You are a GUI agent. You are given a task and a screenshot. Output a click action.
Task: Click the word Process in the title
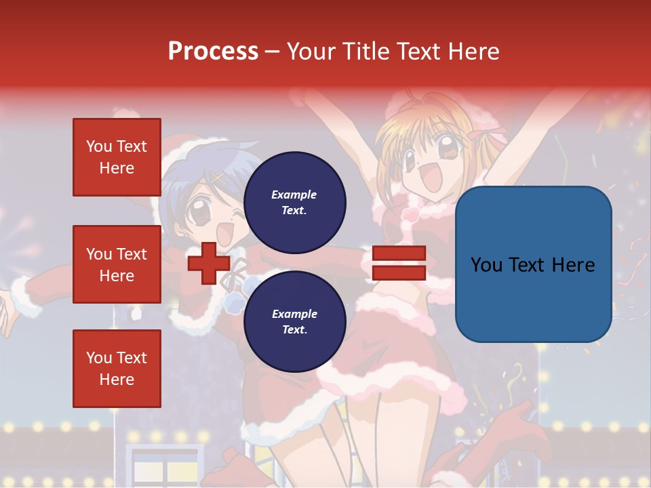[213, 51]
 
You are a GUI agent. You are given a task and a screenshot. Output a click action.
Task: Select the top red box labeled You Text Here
[117, 157]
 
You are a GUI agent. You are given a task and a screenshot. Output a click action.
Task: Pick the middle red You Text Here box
[117, 264]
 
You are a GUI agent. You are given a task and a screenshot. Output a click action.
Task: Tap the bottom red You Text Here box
[117, 369]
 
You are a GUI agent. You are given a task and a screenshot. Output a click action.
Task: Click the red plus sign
[209, 264]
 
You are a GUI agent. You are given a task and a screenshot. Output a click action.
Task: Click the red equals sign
[399, 263]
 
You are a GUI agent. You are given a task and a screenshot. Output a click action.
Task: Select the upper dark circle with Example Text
[294, 202]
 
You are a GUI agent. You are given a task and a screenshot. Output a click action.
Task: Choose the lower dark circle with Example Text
[294, 321]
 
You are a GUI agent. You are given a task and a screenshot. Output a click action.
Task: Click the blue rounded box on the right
[533, 264]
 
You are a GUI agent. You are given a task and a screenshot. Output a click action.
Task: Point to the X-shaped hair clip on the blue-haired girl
[218, 178]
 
